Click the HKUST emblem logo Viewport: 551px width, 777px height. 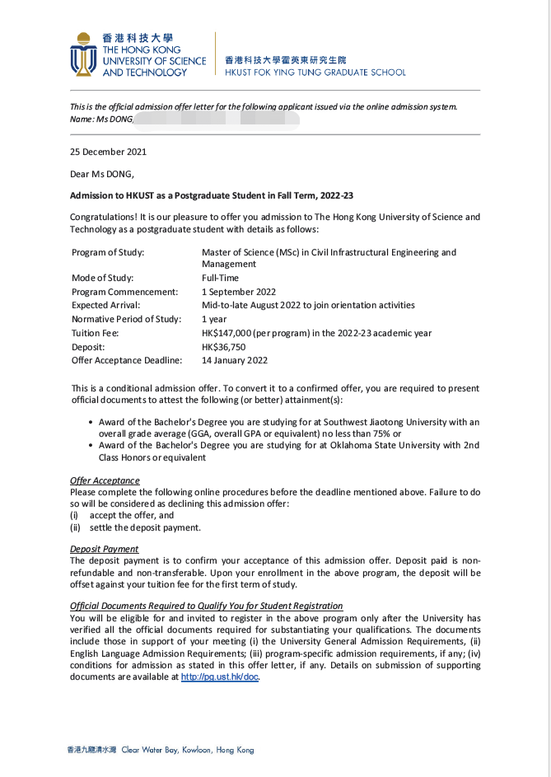pos(82,55)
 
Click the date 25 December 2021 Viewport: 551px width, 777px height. pos(109,152)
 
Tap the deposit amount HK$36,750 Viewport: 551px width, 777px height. pos(224,347)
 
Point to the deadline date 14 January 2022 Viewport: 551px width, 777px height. pos(235,360)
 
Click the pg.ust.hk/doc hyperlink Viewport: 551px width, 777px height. pos(220,676)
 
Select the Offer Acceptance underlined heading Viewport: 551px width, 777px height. pos(105,480)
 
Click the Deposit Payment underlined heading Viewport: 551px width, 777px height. pos(105,549)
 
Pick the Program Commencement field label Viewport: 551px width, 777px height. pos(124,292)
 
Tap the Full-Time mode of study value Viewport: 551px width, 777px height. pos(221,278)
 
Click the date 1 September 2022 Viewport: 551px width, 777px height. pos(239,292)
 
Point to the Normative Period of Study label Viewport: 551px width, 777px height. pos(126,319)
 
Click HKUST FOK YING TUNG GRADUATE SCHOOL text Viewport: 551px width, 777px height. pos(315,73)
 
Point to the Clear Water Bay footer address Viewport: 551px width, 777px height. pos(187,750)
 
